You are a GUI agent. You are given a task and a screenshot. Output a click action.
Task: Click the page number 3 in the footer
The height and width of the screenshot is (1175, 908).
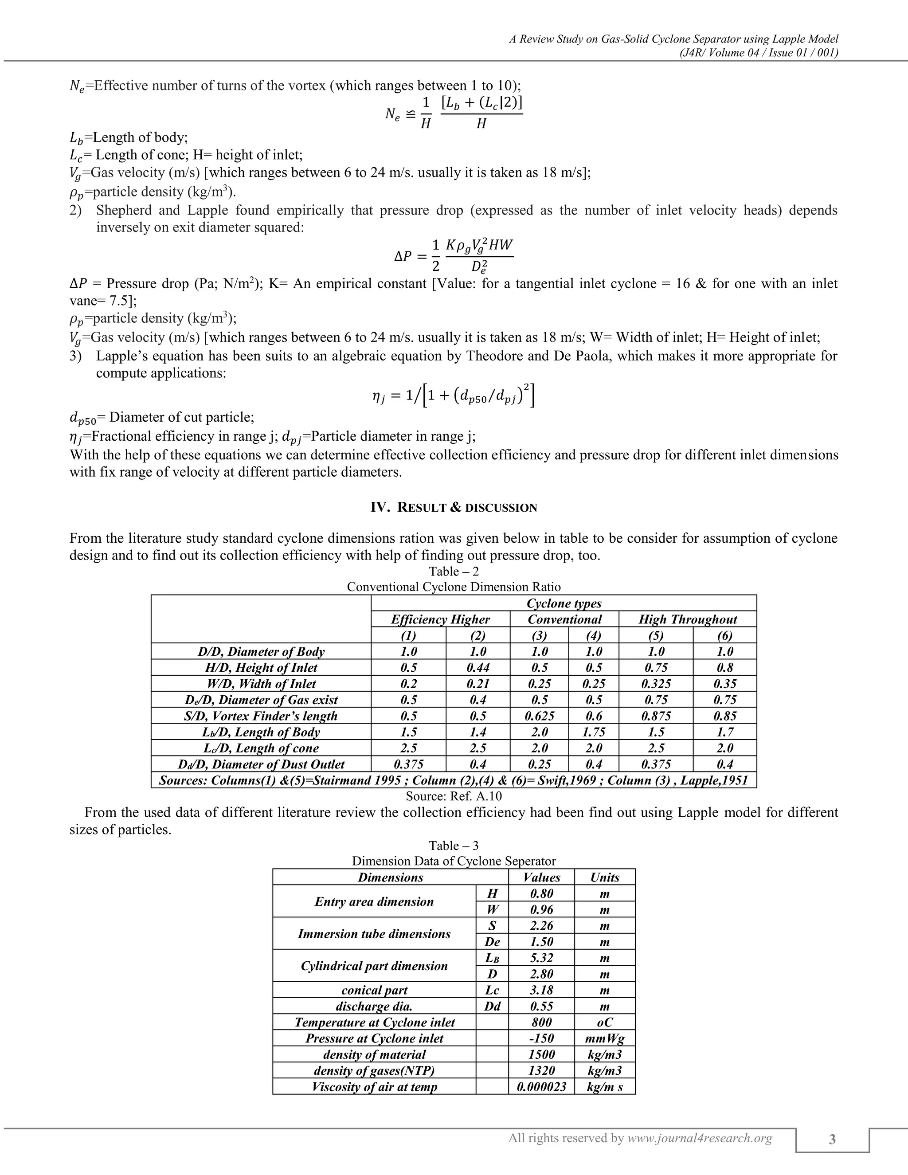pyautogui.click(x=832, y=1140)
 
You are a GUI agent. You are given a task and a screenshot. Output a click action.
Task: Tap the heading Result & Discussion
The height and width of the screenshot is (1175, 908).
pyautogui.click(x=454, y=507)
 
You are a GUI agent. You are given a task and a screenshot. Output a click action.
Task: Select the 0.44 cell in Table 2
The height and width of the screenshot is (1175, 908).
pyautogui.click(x=477, y=668)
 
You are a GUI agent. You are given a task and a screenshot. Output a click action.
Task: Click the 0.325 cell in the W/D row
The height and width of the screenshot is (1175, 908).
pyautogui.click(x=656, y=684)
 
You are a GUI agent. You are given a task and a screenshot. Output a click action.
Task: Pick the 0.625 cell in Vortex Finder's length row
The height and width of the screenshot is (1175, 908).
pyautogui.click(x=540, y=716)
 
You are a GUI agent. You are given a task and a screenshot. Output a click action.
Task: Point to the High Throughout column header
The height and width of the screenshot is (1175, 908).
pyautogui.click(x=688, y=619)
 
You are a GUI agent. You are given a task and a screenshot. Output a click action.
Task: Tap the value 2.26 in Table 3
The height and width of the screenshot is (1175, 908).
pyautogui.click(x=541, y=925)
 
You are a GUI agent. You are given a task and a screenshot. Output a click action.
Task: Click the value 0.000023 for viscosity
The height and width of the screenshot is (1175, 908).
pyautogui.click(x=541, y=1087)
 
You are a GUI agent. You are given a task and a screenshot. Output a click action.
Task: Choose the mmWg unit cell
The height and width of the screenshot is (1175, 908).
pyautogui.click(x=605, y=1038)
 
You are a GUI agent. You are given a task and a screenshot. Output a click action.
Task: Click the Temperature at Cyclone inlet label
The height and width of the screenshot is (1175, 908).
pyautogui.click(x=374, y=1022)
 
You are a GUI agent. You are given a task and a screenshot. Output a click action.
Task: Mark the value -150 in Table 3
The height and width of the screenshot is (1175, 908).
pyautogui.click(x=541, y=1038)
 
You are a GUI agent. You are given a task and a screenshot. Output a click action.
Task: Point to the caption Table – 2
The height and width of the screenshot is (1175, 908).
pyautogui.click(x=454, y=572)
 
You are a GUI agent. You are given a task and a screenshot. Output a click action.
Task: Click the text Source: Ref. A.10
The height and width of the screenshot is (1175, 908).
pyautogui.click(x=454, y=796)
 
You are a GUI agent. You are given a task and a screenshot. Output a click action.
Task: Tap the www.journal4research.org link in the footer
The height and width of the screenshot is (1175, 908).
pyautogui.click(x=700, y=1138)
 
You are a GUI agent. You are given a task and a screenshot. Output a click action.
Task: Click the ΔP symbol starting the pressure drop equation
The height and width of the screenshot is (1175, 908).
pyautogui.click(x=403, y=257)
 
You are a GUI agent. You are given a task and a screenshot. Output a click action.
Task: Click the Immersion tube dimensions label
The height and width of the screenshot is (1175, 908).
pyautogui.click(x=374, y=933)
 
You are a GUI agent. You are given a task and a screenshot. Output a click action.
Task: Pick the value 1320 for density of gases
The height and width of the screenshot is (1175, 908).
pyautogui.click(x=541, y=1071)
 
